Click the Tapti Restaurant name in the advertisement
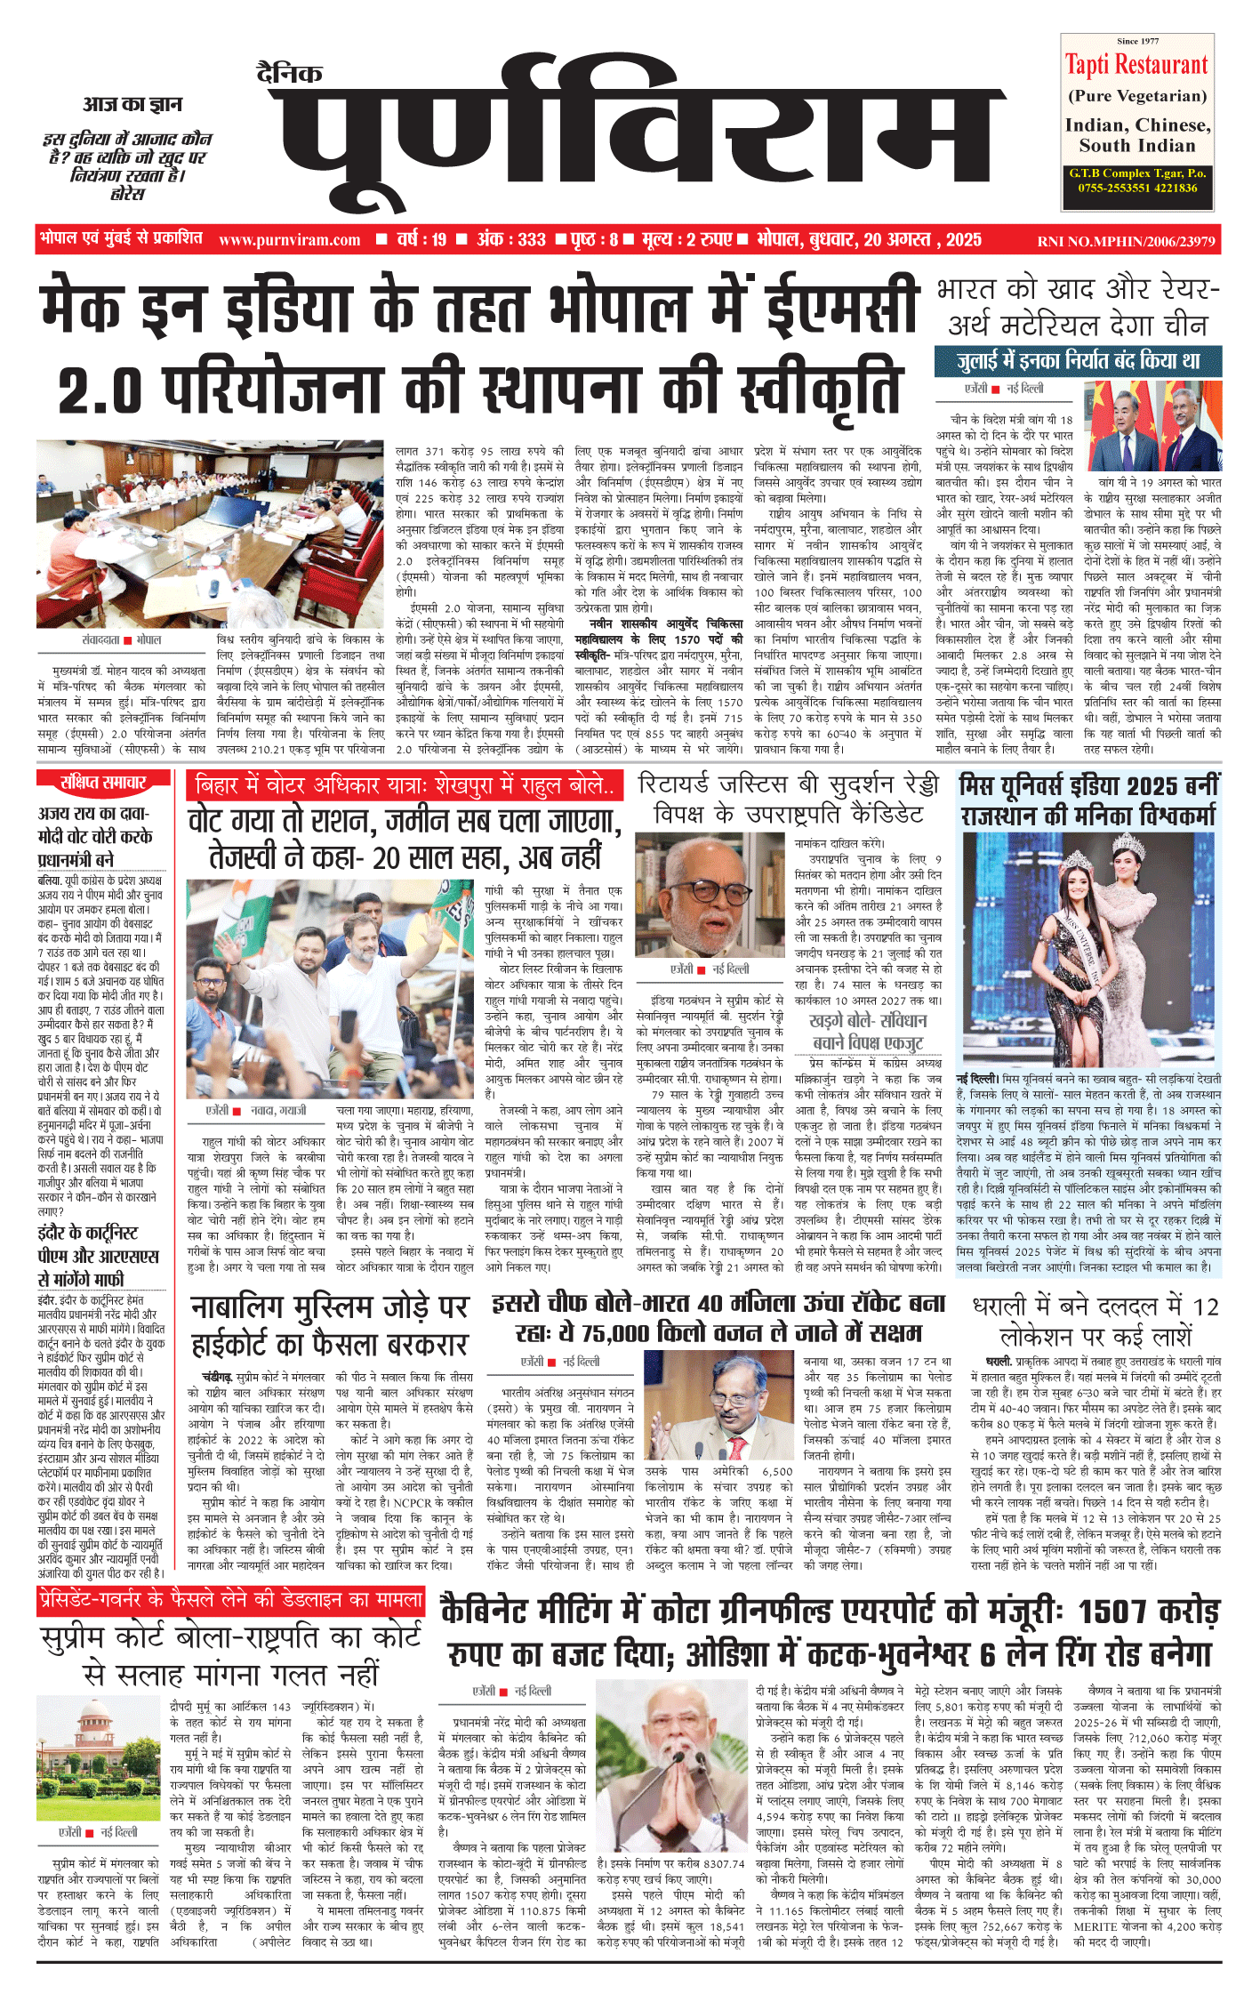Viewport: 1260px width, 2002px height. click(1136, 65)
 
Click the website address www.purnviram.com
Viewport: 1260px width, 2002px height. click(289, 240)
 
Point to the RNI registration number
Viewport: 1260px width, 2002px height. click(1126, 241)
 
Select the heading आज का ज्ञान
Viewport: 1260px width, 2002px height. click(132, 105)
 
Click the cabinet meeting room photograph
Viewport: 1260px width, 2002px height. click(211, 522)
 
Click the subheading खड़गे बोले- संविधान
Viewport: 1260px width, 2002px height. click(867, 1020)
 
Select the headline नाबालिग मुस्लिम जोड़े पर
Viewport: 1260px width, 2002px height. click(329, 1308)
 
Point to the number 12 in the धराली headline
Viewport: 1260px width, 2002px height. click(1205, 1307)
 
